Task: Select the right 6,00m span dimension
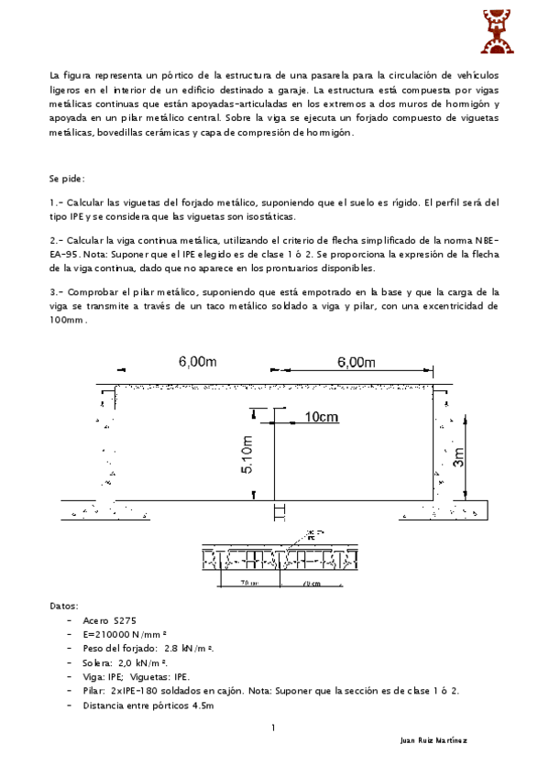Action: pos(356,362)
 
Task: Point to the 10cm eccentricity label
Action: pos(321,417)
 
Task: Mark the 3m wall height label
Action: pos(460,455)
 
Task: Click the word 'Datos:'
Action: pos(64,606)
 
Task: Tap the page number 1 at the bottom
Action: pos(273,728)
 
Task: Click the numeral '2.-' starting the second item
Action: pos(55,240)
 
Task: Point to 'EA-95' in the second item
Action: pos(64,256)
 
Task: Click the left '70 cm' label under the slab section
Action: pos(248,583)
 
